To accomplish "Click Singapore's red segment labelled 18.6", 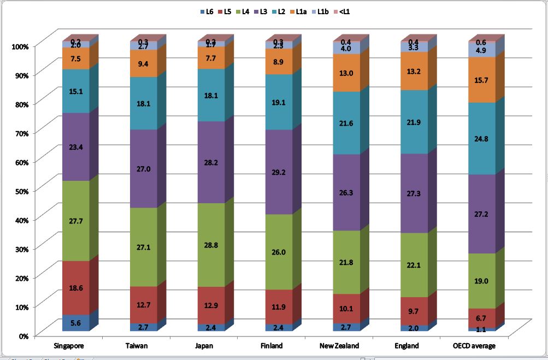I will coord(76,288).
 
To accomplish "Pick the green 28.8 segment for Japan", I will coord(211,245).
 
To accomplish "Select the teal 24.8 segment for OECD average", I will coord(482,139).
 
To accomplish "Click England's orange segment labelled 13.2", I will coord(414,71).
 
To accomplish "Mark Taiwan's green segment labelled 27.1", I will coord(144,247).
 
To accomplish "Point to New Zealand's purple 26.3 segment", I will coord(346,192).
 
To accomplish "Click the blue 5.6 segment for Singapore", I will coord(76,323).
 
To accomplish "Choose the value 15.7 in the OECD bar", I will coord(482,80).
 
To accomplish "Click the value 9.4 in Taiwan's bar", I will coord(144,63).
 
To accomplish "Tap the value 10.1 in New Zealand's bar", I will coord(346,309).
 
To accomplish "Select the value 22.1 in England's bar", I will coord(414,265).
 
